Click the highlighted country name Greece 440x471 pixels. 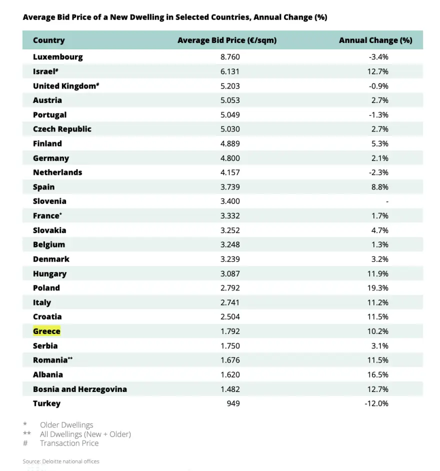(x=46, y=331)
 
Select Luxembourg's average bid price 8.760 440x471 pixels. (x=230, y=57)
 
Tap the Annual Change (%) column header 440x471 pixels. (x=375, y=40)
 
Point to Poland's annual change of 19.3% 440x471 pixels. (x=378, y=288)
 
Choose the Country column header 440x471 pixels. (x=48, y=40)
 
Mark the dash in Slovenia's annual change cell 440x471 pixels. (x=387, y=201)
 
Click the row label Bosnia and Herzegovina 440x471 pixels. (x=80, y=389)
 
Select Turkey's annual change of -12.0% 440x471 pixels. (x=376, y=403)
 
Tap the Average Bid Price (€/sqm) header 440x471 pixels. (x=227, y=40)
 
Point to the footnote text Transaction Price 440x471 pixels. (x=69, y=443)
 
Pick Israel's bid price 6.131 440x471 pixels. (x=230, y=71)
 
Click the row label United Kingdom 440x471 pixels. (x=64, y=86)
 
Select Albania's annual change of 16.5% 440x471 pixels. (x=378, y=374)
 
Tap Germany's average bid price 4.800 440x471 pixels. (x=230, y=158)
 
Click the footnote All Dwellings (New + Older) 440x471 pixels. (x=85, y=434)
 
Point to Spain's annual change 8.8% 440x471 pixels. (x=379, y=187)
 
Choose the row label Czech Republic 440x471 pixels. (x=62, y=129)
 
